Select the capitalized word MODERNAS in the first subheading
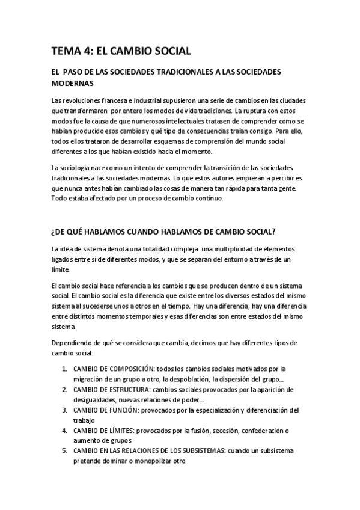coord(73,83)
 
